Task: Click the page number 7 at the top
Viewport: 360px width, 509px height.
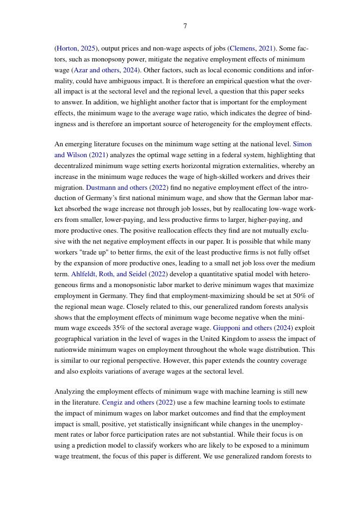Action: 185,26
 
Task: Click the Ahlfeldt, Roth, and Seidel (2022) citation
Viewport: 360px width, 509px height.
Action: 119,274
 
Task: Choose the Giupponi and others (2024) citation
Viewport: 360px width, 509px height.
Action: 253,328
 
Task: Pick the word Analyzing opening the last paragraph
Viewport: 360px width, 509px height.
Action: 70,392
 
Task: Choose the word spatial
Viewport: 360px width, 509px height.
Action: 251,274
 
